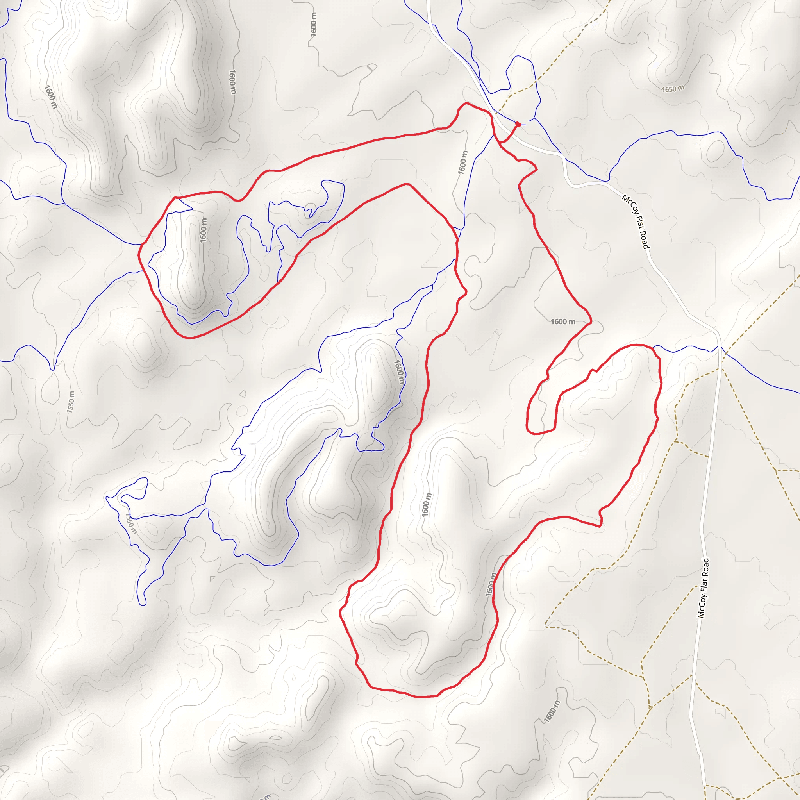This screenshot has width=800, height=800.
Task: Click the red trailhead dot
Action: pyautogui.click(x=518, y=124)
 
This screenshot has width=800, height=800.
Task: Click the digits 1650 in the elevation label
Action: pyautogui.click(x=669, y=89)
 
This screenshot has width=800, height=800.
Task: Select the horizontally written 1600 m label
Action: pyautogui.click(x=563, y=322)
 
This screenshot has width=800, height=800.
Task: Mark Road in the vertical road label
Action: pyautogui.click(x=705, y=566)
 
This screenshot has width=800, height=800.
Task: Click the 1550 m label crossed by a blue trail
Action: pyautogui.click(x=130, y=523)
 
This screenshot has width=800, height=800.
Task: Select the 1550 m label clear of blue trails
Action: pyautogui.click(x=71, y=401)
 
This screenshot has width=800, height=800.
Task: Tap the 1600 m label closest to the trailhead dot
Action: pyautogui.click(x=462, y=162)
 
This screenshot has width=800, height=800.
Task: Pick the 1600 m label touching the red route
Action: pyautogui.click(x=490, y=584)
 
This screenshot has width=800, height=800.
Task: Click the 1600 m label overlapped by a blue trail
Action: pyautogui.click(x=399, y=371)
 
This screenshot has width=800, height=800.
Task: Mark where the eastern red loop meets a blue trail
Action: pyautogui.click(x=653, y=348)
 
